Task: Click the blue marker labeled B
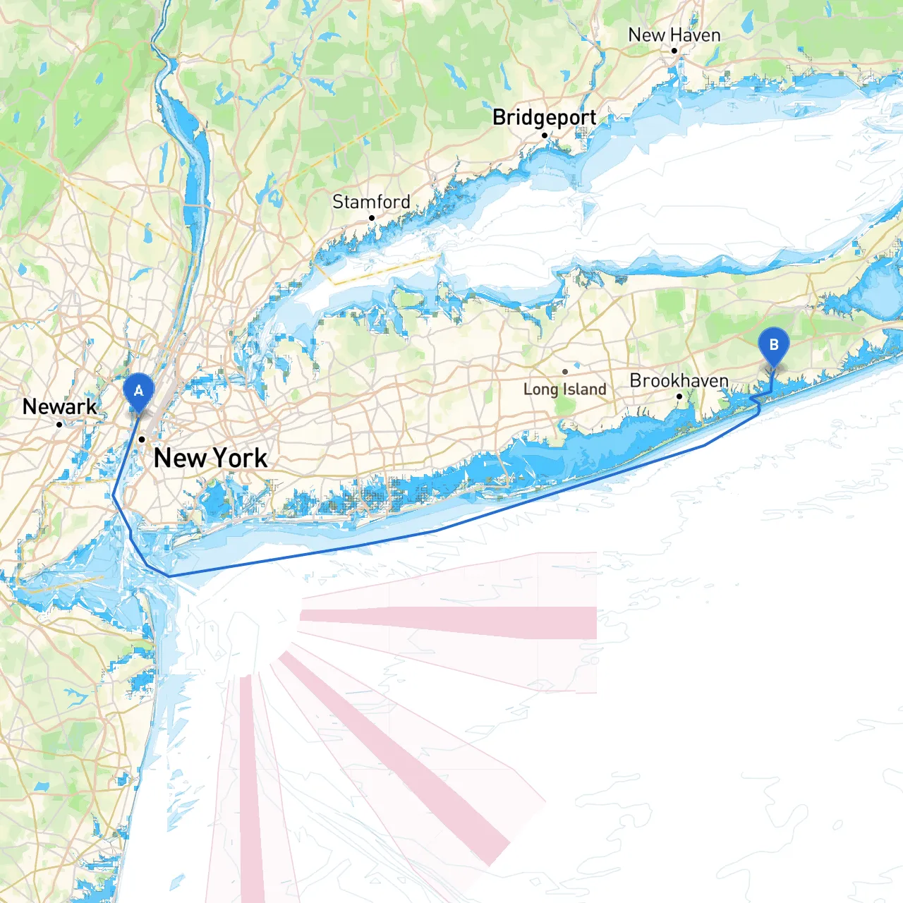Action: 774,346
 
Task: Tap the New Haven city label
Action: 674,35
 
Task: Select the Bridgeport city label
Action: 544,117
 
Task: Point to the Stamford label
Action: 371,202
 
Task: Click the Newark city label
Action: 59,406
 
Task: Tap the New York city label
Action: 210,458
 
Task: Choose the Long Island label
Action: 564,389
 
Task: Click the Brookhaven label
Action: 679,380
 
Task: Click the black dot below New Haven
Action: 674,51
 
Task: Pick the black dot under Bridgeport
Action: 545,135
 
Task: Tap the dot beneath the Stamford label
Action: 372,218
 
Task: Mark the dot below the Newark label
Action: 59,424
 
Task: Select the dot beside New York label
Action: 142,440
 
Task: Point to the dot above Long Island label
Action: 565,372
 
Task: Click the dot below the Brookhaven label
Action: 679,396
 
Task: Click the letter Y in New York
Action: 221,458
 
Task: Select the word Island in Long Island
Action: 584,389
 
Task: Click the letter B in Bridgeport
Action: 499,117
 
